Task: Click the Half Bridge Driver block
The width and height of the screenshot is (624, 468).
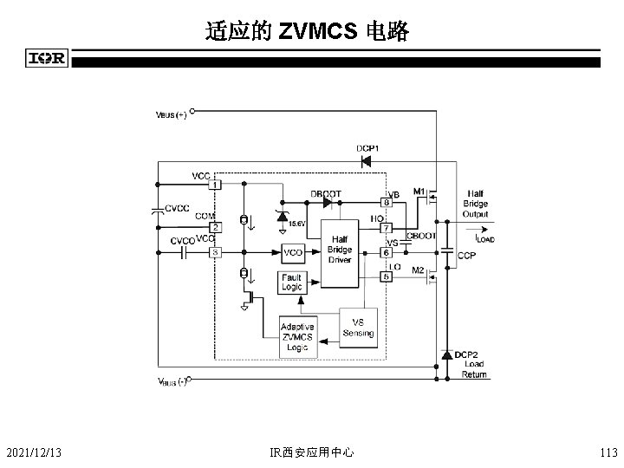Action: click(x=340, y=250)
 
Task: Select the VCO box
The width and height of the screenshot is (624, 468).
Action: click(x=293, y=252)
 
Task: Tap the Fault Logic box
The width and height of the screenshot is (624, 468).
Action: click(x=292, y=282)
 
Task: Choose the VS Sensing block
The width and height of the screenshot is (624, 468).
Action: click(x=358, y=328)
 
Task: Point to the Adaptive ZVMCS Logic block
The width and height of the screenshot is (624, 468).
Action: click(x=298, y=337)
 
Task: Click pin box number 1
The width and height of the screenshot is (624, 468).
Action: click(x=214, y=185)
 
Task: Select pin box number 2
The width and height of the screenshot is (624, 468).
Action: click(x=214, y=227)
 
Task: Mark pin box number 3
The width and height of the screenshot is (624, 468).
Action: click(x=214, y=252)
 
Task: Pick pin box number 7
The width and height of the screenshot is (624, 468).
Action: click(x=387, y=228)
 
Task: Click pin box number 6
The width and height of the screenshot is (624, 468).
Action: click(x=387, y=252)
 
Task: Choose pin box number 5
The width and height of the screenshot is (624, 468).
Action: click(x=387, y=276)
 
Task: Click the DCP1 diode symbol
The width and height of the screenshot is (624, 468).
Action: click(x=366, y=160)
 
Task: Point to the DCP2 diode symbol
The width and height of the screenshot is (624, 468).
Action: click(x=446, y=354)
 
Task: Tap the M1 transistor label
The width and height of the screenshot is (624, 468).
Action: click(x=418, y=190)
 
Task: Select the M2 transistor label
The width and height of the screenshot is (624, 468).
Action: click(x=418, y=270)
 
